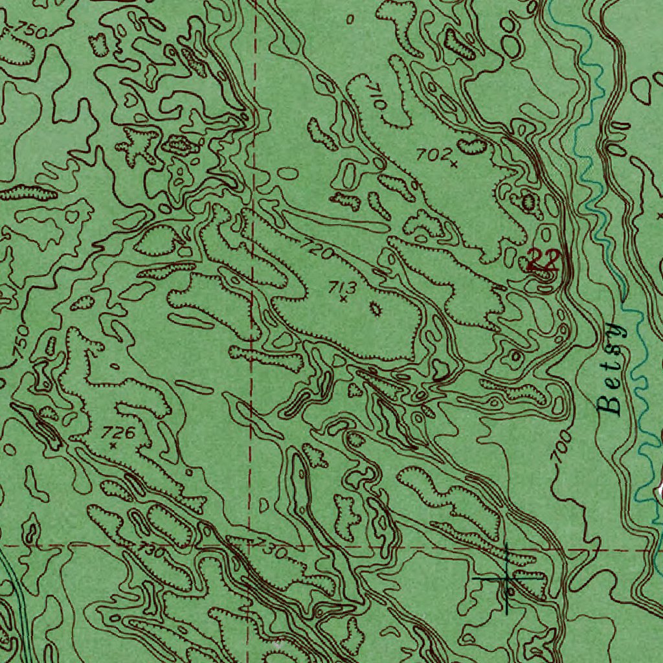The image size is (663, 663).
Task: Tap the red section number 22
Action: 543,260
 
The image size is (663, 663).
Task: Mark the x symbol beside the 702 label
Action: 454,164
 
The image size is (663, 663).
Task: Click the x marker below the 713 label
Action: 343,300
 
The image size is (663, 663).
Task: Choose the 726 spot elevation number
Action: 121,433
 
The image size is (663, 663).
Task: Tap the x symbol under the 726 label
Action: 113,445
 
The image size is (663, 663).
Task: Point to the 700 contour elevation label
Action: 561,447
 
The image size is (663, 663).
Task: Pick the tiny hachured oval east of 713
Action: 376,309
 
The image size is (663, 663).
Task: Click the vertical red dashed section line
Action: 254,129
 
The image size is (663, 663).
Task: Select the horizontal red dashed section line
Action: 388,546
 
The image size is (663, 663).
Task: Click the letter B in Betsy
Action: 610,405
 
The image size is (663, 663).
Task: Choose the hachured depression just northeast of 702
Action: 473,146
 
